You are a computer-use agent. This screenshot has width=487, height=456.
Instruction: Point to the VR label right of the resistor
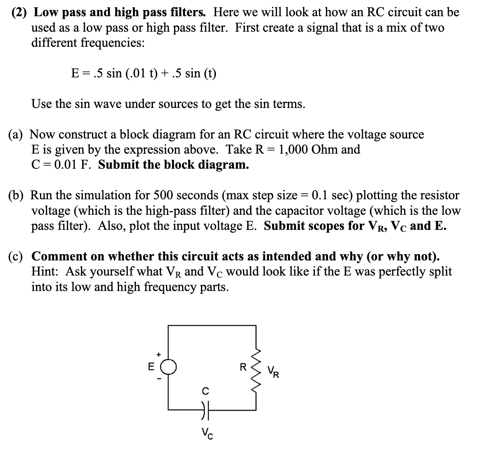tap(273, 372)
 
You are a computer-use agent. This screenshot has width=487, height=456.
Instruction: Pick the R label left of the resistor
tap(243, 367)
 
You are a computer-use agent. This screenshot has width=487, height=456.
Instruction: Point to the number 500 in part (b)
tap(161, 195)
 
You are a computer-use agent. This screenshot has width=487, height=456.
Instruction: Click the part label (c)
tap(17, 256)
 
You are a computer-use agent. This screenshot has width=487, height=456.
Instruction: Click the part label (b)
tap(17, 195)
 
